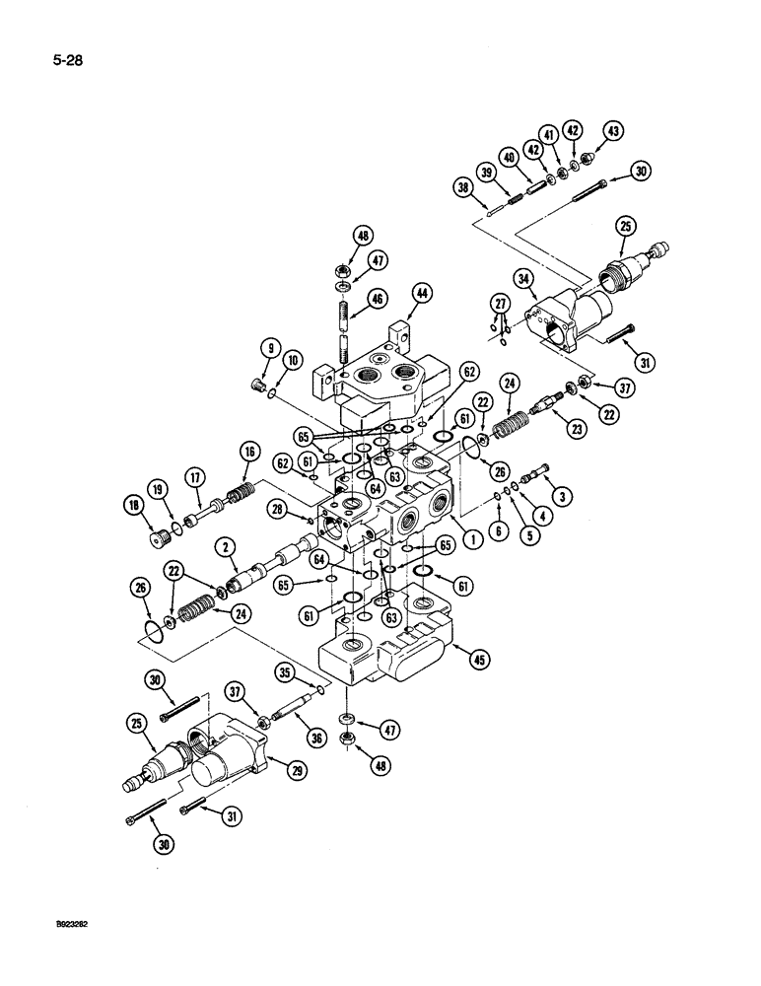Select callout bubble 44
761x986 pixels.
422,293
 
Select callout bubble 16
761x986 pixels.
247,452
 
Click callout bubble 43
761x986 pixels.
613,129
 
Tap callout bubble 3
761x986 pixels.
561,494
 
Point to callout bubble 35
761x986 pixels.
287,673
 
